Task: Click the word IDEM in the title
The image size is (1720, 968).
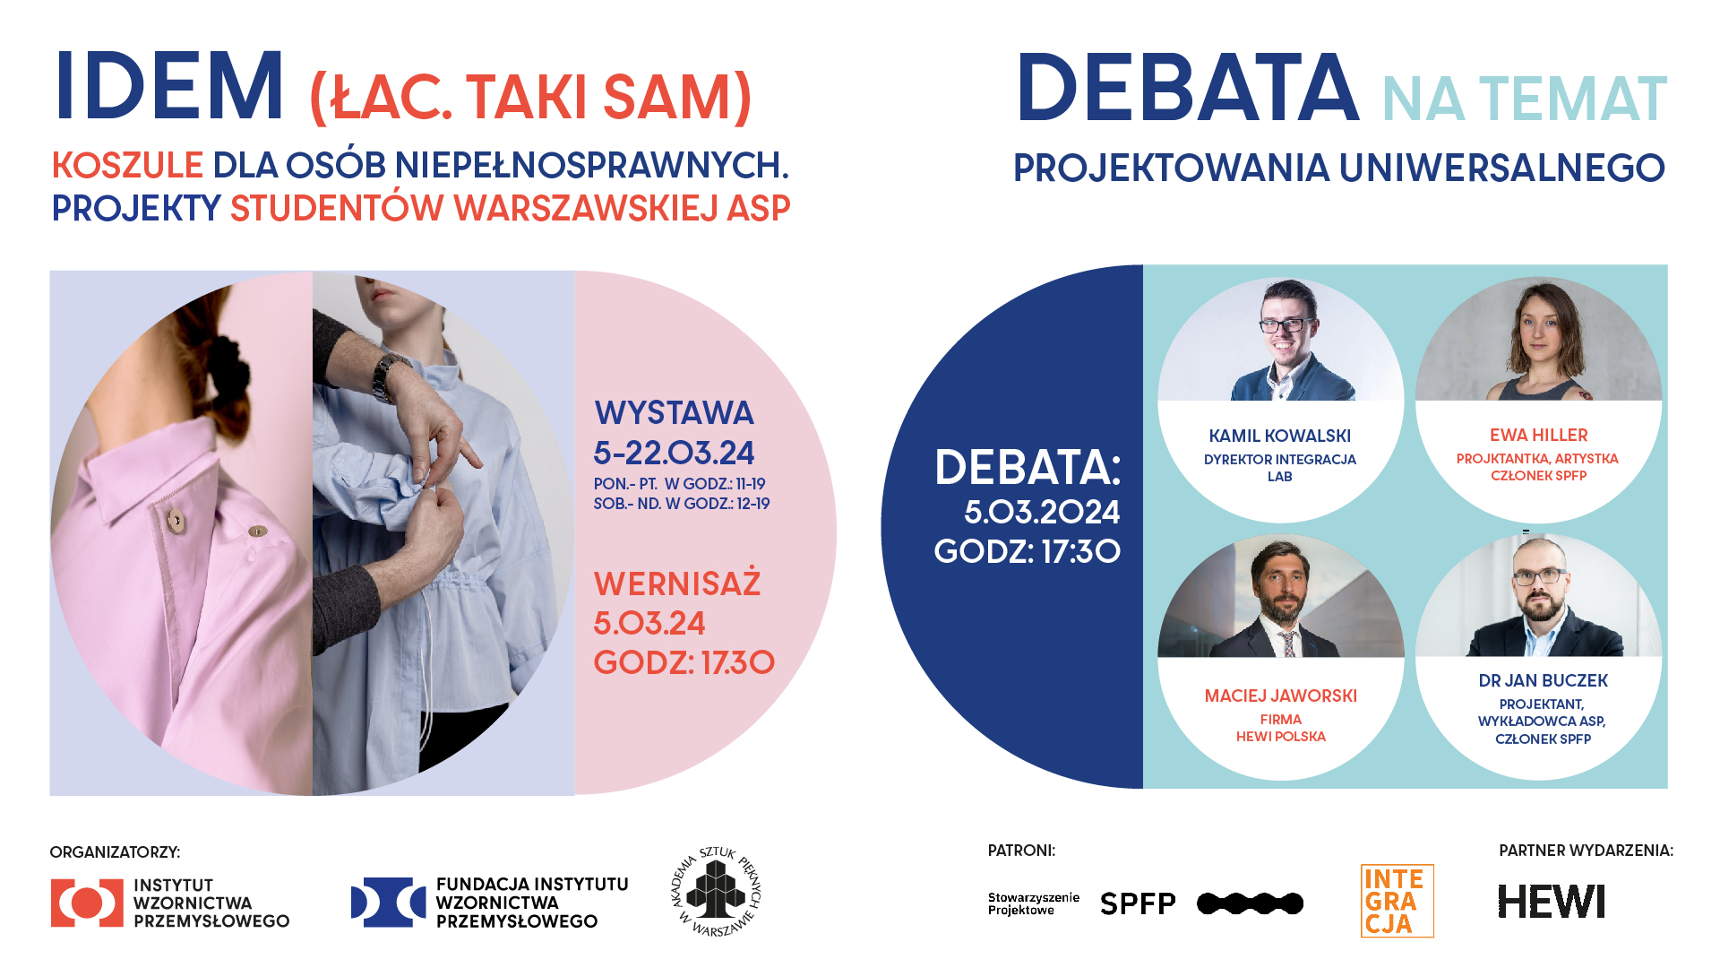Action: click(x=169, y=87)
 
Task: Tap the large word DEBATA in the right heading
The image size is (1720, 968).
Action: click(x=1188, y=88)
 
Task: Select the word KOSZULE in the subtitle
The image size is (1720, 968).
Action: click(x=127, y=165)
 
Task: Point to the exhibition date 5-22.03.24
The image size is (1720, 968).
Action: click(x=674, y=453)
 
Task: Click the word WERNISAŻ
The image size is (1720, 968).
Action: click(x=677, y=583)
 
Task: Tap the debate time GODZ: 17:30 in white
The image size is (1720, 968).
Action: click(x=1027, y=551)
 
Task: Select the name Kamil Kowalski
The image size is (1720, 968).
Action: click(x=1279, y=436)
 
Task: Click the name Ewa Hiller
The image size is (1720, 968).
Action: click(x=1538, y=435)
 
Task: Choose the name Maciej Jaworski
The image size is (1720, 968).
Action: click(x=1280, y=696)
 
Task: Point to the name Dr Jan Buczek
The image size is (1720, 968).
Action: click(x=1543, y=680)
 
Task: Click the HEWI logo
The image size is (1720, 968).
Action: click(x=1552, y=902)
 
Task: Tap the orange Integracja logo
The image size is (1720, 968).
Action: click(x=1397, y=901)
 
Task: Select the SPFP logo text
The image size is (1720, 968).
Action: click(x=1138, y=903)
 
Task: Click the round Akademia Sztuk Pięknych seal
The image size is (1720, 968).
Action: click(x=717, y=891)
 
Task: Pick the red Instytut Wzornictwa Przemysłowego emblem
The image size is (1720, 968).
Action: click(x=87, y=903)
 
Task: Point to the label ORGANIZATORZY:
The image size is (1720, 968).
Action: click(x=115, y=851)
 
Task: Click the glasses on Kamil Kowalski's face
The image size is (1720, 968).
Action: click(x=1286, y=324)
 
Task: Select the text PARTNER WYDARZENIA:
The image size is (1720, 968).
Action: click(x=1586, y=851)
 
